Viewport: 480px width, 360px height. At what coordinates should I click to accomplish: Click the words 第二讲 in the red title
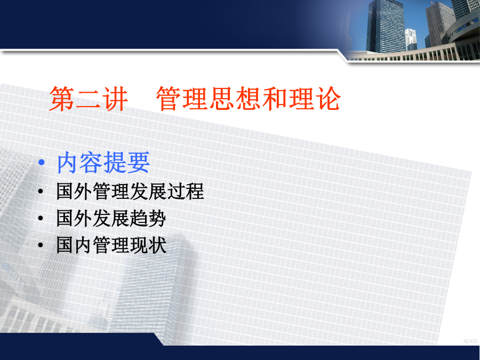[x=89, y=99]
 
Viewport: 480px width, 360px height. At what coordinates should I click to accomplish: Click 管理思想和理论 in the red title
[x=249, y=99]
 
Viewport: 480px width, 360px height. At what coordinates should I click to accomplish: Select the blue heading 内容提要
[x=103, y=163]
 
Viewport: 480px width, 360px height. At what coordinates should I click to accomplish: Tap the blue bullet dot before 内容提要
[x=42, y=162]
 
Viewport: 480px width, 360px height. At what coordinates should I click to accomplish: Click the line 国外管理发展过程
[x=130, y=191]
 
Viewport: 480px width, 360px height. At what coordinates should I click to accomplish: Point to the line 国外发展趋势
[x=111, y=218]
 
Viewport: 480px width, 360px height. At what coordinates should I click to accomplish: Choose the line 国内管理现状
[x=111, y=245]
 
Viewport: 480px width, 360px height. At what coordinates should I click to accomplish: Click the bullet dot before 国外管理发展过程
[x=41, y=191]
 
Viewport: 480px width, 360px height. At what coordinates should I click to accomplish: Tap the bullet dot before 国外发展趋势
[x=41, y=219]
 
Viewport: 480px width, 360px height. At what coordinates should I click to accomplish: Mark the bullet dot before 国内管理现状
[x=41, y=245]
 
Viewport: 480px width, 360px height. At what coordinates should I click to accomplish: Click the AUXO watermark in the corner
[x=470, y=341]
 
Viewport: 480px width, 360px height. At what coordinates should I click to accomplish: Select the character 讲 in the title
[x=115, y=99]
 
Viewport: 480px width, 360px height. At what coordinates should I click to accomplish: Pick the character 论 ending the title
[x=329, y=99]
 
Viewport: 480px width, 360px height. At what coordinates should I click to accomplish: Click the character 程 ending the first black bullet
[x=195, y=191]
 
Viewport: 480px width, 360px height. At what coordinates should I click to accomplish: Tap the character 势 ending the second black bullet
[x=157, y=218]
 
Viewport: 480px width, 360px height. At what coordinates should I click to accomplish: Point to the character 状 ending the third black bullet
[x=158, y=245]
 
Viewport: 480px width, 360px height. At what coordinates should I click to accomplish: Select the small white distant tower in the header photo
[x=411, y=39]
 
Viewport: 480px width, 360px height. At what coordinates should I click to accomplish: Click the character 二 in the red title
[x=89, y=99]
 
